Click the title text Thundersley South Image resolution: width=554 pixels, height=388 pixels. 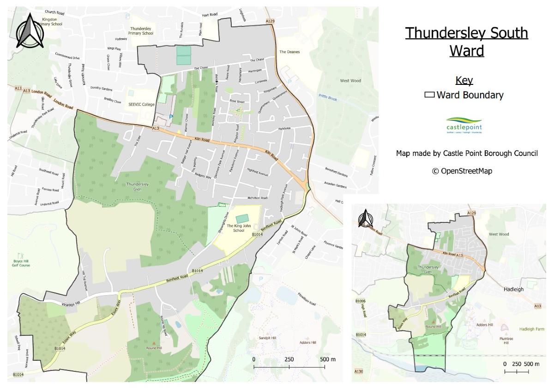click(x=466, y=33)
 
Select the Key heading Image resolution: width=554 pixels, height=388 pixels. click(x=464, y=81)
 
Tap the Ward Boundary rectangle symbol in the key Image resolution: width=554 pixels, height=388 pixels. click(x=429, y=96)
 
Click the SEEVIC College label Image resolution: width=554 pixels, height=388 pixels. click(x=141, y=104)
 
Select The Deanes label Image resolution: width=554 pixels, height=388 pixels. click(x=289, y=52)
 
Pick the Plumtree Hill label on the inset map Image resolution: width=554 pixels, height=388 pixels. click(x=506, y=340)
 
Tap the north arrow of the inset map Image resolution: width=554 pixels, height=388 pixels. click(x=366, y=219)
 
